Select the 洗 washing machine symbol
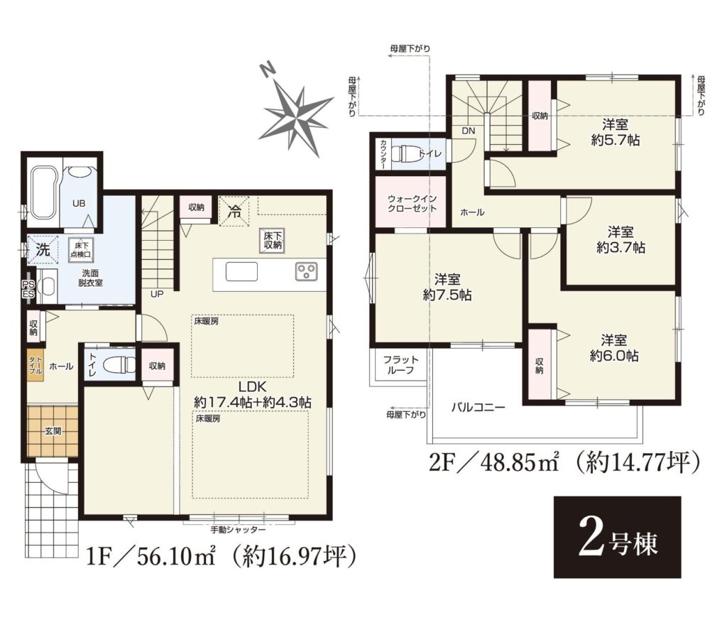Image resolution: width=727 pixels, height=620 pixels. tap(43, 251)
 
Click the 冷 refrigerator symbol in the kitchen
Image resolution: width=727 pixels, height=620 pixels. tap(234, 212)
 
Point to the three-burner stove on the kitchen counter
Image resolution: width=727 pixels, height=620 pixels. tap(307, 271)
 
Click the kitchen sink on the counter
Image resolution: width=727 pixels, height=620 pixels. tap(241, 271)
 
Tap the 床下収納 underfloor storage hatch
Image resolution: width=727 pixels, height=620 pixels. tap(272, 241)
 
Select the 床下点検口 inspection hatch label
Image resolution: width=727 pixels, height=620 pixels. tap(81, 250)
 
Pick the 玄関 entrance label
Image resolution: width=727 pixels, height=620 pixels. tap(53, 431)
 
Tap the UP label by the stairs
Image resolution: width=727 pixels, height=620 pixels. tap(157, 294)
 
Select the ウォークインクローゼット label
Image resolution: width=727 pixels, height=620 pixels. tap(412, 204)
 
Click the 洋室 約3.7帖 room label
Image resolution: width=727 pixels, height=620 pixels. tap(621, 239)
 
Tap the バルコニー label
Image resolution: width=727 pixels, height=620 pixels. tap(479, 408)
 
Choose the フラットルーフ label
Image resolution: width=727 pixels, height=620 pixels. tap(400, 365)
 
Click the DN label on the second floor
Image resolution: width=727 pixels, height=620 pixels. tap(469, 131)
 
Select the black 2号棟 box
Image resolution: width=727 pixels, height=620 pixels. tap(617, 537)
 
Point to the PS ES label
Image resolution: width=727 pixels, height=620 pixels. tap(28, 289)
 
